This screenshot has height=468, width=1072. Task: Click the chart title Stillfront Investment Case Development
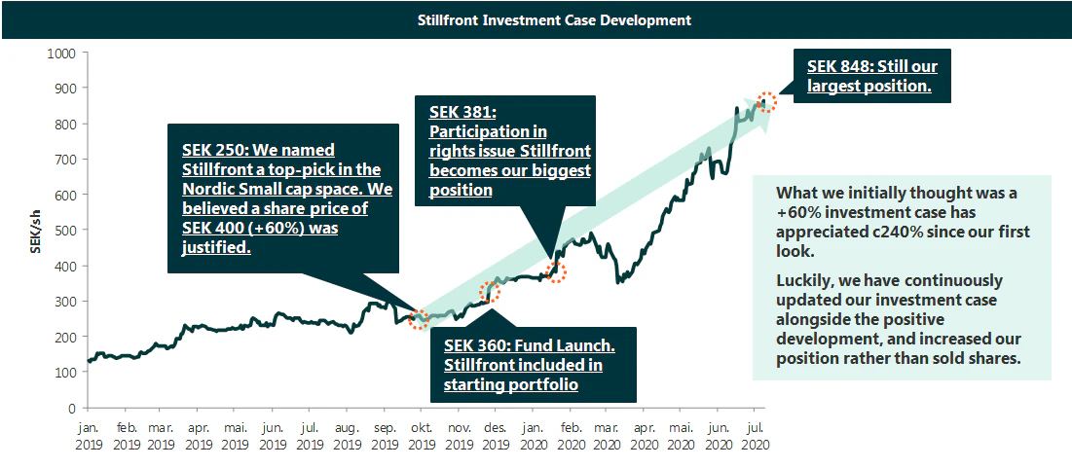(x=536, y=19)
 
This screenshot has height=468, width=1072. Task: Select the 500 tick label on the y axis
(x=65, y=231)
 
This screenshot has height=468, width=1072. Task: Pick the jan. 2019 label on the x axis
(x=89, y=434)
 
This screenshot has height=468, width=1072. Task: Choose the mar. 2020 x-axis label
(x=607, y=434)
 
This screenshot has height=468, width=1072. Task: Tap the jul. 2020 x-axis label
(x=754, y=434)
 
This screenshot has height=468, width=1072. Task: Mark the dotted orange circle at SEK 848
(x=766, y=101)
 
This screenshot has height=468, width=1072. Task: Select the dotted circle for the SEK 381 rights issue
(x=557, y=270)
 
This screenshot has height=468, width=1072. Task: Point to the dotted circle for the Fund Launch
(x=491, y=290)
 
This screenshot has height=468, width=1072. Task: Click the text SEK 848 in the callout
(x=839, y=67)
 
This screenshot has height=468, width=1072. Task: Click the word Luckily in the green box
(x=804, y=279)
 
